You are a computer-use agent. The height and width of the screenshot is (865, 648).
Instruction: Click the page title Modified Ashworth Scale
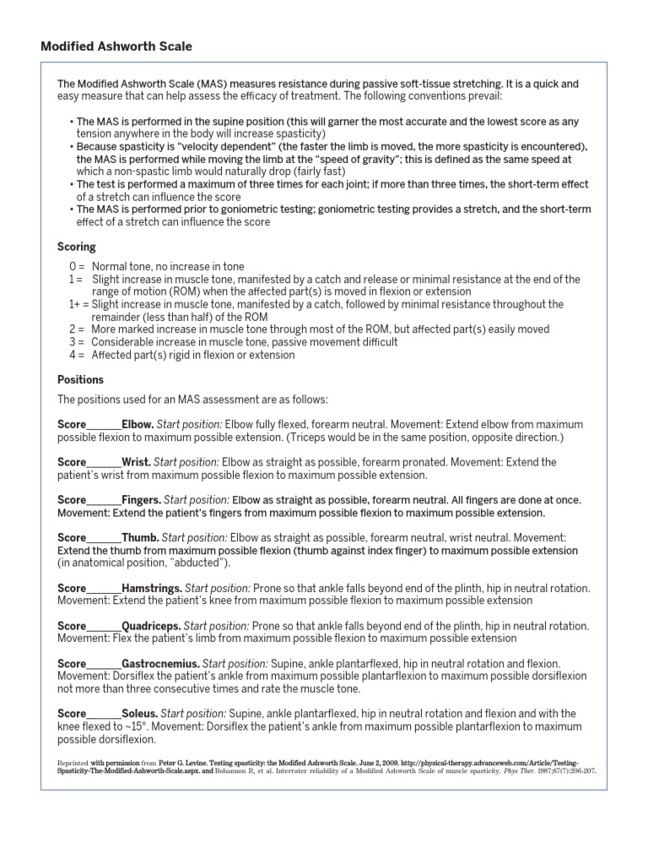(x=116, y=46)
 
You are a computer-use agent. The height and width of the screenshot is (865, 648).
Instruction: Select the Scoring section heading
(x=76, y=247)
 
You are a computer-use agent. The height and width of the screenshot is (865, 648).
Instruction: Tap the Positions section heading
(x=80, y=379)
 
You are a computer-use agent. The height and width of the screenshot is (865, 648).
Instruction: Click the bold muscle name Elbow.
(x=138, y=424)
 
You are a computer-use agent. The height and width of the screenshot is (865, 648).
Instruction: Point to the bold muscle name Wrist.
(x=137, y=462)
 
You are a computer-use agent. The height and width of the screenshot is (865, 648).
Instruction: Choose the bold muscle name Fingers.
(x=141, y=499)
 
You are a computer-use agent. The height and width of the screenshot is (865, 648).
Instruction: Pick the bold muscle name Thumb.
(x=140, y=537)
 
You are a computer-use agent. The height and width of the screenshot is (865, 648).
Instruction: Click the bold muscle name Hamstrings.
(x=152, y=587)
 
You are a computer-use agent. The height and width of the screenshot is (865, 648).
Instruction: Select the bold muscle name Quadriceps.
(x=151, y=626)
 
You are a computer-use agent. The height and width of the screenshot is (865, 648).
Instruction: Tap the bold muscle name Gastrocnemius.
(x=160, y=664)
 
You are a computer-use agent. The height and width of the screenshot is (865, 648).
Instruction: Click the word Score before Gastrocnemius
(x=72, y=664)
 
